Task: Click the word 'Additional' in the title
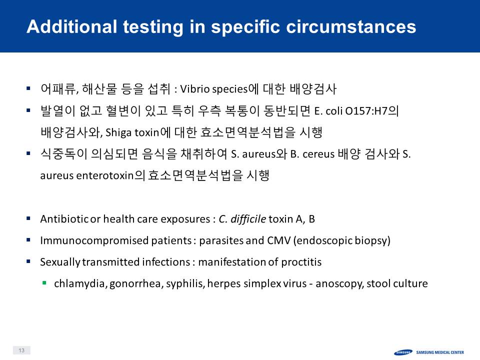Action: click(x=71, y=26)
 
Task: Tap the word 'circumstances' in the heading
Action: click(x=351, y=26)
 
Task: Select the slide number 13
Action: click(x=21, y=350)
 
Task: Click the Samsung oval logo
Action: click(x=403, y=352)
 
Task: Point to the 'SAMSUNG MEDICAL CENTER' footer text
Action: click(x=440, y=352)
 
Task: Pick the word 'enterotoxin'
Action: click(x=104, y=175)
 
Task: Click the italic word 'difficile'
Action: click(x=248, y=219)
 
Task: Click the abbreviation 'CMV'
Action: click(x=278, y=240)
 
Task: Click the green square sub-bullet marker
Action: click(x=44, y=283)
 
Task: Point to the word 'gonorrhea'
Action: click(x=135, y=284)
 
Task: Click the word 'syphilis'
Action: click(x=184, y=284)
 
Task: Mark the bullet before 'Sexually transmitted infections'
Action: click(x=28, y=261)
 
